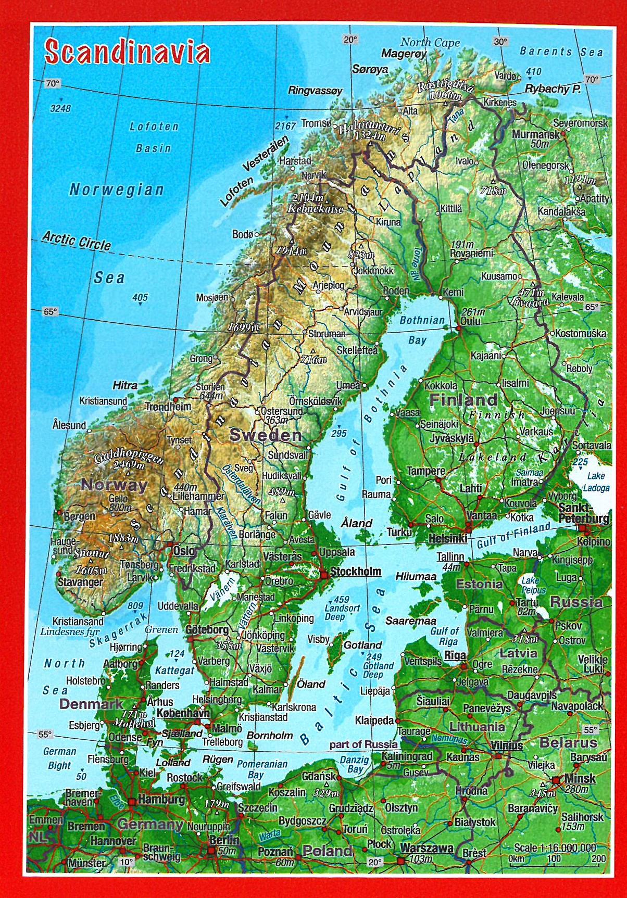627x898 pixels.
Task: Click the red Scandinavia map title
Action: click(128, 52)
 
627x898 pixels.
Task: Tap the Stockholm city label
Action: click(356, 572)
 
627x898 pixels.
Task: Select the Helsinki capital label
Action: click(447, 539)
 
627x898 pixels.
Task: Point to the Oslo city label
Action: click(184, 551)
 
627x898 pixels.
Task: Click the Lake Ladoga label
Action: click(596, 482)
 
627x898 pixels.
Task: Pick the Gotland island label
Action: click(363, 645)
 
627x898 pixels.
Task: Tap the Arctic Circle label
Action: click(77, 241)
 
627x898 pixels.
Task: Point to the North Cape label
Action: click(430, 43)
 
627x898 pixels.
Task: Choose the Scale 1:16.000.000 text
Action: click(555, 848)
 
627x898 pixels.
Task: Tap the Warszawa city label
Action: click(427, 848)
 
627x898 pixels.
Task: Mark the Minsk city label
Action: click(580, 779)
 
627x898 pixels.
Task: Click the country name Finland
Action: click(463, 400)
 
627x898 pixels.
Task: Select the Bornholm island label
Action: click(270, 736)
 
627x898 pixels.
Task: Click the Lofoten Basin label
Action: click(154, 137)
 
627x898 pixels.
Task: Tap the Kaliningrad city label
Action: click(407, 756)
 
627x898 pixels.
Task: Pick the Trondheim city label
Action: click(168, 407)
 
